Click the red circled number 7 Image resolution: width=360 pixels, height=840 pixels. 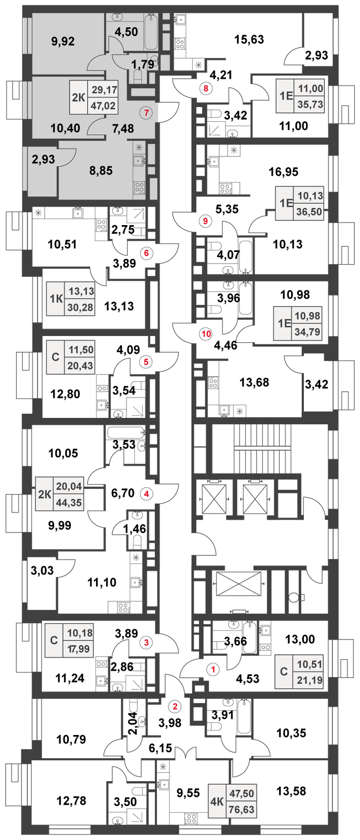click(146, 112)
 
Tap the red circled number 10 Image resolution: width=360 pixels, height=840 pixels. click(206, 334)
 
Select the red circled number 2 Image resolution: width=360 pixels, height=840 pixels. click(175, 707)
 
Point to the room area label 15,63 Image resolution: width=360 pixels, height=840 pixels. click(249, 39)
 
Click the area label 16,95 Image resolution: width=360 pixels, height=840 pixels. click(284, 172)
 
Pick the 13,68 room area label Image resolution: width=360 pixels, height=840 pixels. click(254, 383)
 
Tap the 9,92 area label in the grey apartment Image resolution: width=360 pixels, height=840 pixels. click(63, 41)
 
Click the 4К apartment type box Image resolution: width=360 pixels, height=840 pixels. click(217, 802)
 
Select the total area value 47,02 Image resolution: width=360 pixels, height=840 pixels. click(103, 106)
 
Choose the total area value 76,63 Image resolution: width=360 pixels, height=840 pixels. click(242, 810)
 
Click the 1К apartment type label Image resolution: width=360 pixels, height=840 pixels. click(56, 299)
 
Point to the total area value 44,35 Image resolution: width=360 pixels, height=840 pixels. click(69, 502)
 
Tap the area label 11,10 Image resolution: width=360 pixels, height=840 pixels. click(102, 582)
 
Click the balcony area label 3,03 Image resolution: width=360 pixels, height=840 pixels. click(43, 571)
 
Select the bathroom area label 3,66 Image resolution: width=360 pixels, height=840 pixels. click(236, 641)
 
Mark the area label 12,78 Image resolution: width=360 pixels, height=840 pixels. click(71, 801)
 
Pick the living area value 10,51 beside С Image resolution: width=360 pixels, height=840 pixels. click(310, 665)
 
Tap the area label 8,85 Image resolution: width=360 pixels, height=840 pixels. click(101, 171)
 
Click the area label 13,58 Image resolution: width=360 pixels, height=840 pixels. click(291, 791)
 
